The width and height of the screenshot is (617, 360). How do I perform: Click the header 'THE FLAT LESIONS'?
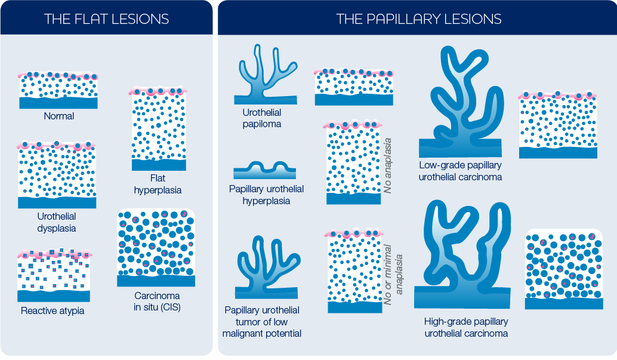click(x=106, y=19)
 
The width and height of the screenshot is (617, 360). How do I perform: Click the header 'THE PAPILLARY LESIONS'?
click(x=418, y=19)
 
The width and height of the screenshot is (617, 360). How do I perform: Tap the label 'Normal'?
click(x=59, y=116)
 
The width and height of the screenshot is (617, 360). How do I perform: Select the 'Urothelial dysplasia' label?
click(x=57, y=222)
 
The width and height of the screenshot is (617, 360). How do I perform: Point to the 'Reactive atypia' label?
click(x=53, y=310)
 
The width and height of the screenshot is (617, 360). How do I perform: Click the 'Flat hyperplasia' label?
click(x=158, y=184)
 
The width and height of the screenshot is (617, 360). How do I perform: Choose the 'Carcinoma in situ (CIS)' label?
click(x=158, y=301)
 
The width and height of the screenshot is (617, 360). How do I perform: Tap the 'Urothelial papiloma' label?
click(x=262, y=118)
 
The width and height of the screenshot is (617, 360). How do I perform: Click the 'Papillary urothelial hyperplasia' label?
click(x=267, y=195)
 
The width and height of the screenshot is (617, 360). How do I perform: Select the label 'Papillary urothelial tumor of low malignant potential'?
click(x=262, y=322)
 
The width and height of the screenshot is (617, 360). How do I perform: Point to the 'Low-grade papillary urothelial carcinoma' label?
click(x=460, y=171)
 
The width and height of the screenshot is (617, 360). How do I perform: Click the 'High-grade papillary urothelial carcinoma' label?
click(x=466, y=327)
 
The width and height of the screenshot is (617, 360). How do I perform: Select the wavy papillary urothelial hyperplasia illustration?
click(x=264, y=171)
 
